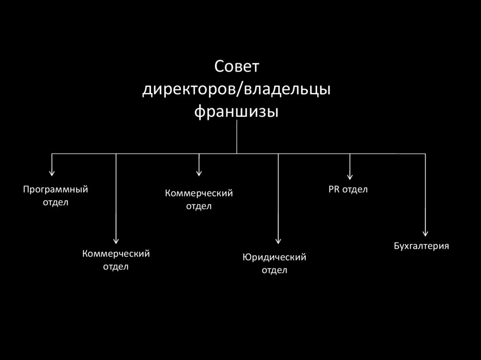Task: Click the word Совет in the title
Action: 237,67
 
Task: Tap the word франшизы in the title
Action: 237,112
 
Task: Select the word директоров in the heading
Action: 189,90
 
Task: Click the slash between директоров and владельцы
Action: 240,90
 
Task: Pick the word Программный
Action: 55,190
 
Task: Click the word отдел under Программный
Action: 55,203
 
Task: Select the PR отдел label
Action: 348,190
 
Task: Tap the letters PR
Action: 334,189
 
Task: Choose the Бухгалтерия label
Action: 421,246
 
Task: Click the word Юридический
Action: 274,257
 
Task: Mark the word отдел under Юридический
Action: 274,270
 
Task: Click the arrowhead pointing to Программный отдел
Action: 52,173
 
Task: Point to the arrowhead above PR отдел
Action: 349,176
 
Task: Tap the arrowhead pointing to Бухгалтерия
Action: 425,233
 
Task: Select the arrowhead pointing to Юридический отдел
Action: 278,241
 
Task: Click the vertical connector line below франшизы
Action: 237,137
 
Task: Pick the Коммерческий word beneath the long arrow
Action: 116,253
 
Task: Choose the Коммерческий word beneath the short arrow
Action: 199,193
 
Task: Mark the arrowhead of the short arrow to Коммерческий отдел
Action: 199,173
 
